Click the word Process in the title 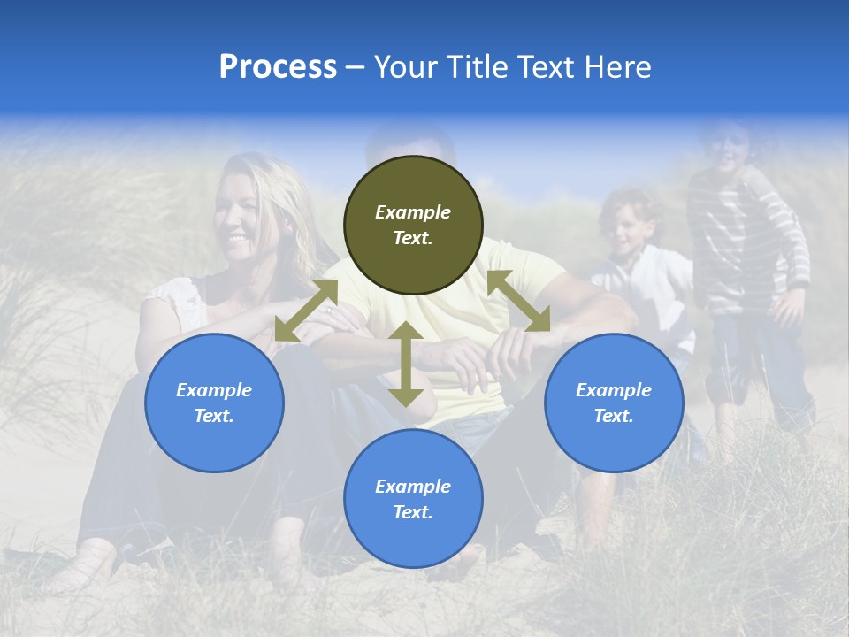pos(278,67)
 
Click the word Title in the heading pos(477,67)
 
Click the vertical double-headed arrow pos(406,365)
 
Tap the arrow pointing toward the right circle pos(518,301)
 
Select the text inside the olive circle pos(413,225)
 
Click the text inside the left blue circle pos(214,403)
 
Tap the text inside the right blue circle pos(614,403)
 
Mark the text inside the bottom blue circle pos(413,499)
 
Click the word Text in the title pos(547,67)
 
